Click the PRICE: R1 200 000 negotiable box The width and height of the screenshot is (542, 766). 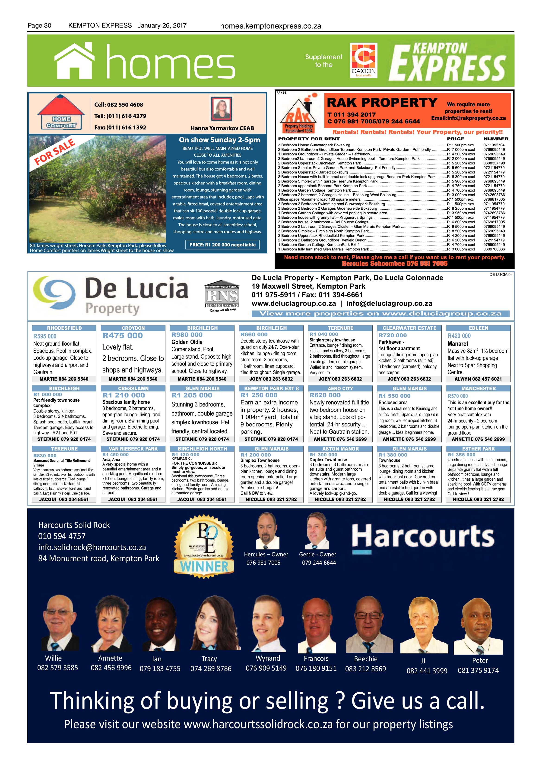click(x=222, y=245)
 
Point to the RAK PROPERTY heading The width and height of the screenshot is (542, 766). click(x=382, y=102)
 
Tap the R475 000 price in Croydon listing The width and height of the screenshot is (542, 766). click(x=123, y=336)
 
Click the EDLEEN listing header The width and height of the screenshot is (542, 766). click(x=478, y=328)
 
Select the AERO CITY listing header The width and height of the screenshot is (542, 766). click(x=340, y=388)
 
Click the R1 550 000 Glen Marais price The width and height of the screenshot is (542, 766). click(x=393, y=396)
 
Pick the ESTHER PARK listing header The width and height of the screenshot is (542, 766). click(x=478, y=449)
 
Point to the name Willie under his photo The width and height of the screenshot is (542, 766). click(x=53, y=658)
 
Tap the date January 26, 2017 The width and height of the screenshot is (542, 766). click(x=162, y=25)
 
